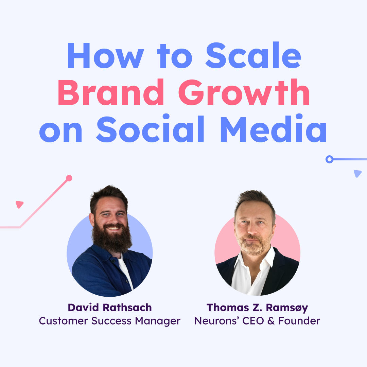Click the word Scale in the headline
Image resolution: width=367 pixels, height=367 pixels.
[x=253, y=55]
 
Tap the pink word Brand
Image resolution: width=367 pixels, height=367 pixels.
[x=111, y=92]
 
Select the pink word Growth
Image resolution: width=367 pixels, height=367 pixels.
[x=244, y=92]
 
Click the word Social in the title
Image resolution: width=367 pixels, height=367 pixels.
[x=150, y=129]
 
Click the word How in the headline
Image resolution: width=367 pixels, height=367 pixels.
[x=106, y=55]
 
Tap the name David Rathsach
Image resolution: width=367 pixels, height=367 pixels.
[x=110, y=308]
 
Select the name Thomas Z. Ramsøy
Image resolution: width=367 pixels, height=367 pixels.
[x=257, y=308]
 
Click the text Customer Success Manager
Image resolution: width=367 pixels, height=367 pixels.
[x=109, y=321]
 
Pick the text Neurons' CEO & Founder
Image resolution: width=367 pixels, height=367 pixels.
[x=257, y=321]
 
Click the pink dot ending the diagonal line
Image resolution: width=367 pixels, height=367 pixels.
[x=69, y=178]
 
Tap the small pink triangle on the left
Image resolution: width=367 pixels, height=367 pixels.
[x=19, y=204]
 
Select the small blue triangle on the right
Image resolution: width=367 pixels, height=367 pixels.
[x=357, y=173]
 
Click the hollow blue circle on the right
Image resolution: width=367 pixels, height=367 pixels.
[x=329, y=159]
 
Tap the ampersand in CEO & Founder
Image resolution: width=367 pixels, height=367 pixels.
[x=271, y=321]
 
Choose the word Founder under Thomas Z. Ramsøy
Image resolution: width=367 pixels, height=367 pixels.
[x=299, y=321]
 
